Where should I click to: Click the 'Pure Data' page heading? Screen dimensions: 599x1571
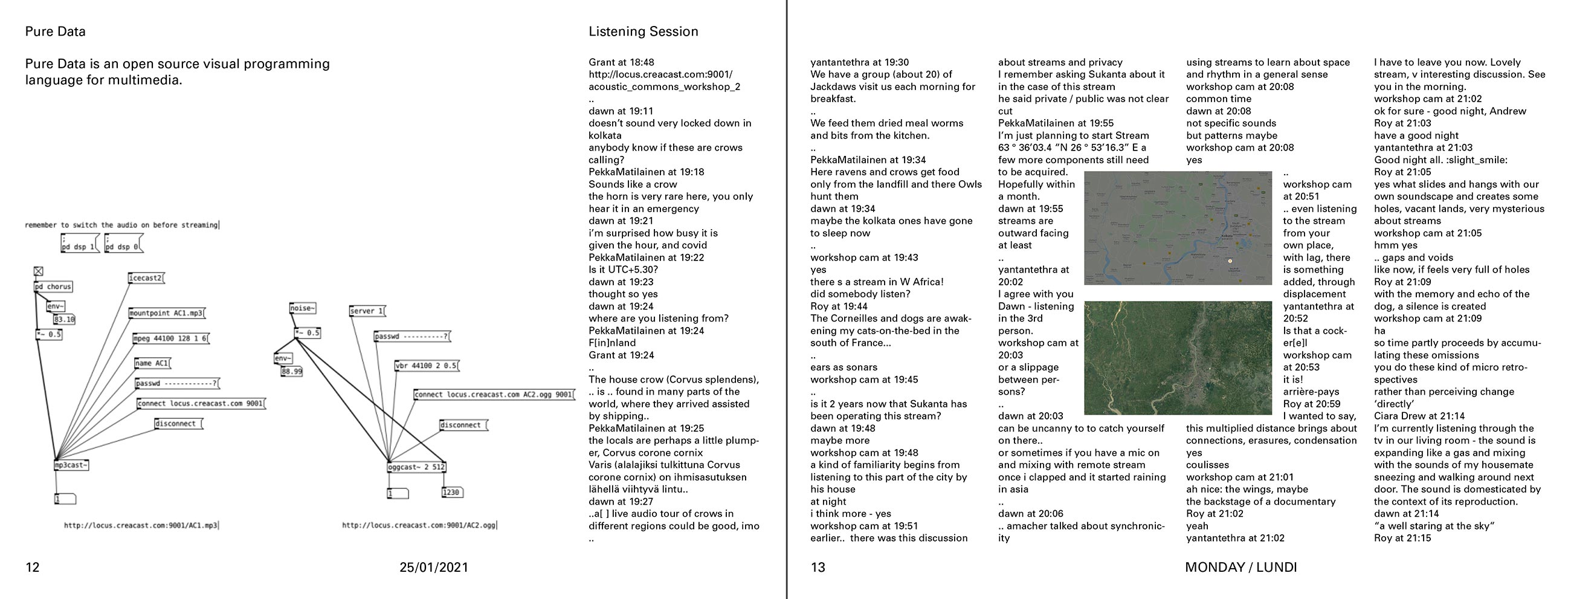[55, 31]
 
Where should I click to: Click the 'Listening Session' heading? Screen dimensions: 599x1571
[643, 31]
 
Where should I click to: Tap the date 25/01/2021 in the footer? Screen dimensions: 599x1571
[434, 568]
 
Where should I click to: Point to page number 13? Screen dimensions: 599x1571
[817, 568]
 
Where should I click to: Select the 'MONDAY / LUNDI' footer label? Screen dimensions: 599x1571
[1240, 568]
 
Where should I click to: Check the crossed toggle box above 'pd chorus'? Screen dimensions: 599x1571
[39, 271]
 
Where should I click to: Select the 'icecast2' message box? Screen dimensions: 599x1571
[146, 278]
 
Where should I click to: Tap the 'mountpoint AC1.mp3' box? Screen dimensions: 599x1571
[167, 314]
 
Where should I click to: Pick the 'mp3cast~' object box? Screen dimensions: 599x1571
[71, 465]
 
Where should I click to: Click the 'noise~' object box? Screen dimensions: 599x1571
[303, 309]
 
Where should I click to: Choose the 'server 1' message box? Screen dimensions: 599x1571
[367, 311]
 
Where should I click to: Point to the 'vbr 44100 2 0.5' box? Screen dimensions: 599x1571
[427, 366]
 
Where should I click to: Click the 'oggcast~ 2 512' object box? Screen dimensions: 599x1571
[416, 467]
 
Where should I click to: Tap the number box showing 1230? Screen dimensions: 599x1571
[451, 492]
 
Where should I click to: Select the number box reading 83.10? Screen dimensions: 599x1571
[63, 319]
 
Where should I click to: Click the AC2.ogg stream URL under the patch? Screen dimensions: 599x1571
[419, 525]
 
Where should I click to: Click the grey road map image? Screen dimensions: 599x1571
[1178, 228]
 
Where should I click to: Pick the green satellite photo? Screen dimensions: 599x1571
[1178, 357]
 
